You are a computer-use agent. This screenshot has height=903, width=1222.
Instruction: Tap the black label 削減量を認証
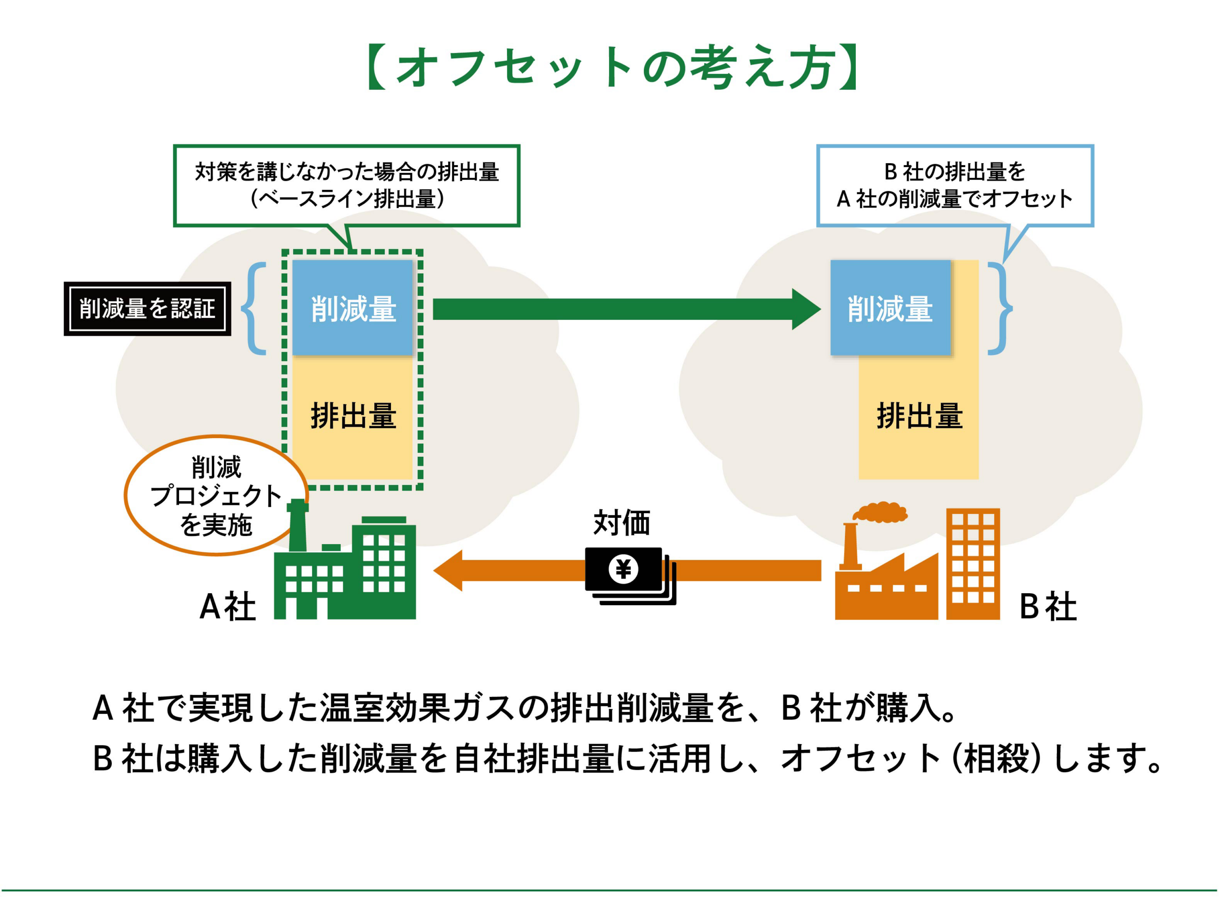tap(147, 308)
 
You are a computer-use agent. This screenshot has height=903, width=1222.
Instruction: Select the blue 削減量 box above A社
tap(353, 308)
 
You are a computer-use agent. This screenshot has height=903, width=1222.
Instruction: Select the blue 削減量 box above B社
tap(890, 308)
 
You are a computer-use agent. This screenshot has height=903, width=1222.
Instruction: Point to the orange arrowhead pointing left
tap(450, 570)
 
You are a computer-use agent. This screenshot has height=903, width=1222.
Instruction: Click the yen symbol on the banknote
tap(623, 569)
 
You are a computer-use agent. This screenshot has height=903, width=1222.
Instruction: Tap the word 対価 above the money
tap(622, 523)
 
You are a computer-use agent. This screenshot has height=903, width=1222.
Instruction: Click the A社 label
tap(227, 607)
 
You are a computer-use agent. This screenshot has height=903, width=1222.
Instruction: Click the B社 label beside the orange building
tap(1048, 607)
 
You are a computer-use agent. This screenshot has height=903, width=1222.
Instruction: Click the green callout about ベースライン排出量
tap(346, 185)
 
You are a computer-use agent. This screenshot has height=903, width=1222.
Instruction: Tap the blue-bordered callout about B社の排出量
tap(954, 185)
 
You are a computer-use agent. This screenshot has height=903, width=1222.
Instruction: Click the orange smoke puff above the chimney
tap(880, 512)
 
